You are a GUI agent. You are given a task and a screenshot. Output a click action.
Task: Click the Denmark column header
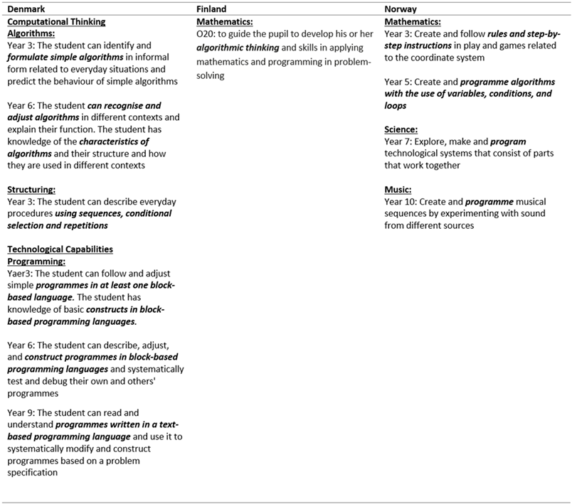26,10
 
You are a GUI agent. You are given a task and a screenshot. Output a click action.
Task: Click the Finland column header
211,10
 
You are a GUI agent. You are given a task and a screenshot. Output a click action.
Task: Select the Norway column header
401,10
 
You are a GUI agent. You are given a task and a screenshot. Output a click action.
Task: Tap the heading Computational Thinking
56,21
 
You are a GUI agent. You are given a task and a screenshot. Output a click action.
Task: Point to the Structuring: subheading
34,190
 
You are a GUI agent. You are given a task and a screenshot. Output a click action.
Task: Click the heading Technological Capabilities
60,250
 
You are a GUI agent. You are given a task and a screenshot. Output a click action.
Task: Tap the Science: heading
401,129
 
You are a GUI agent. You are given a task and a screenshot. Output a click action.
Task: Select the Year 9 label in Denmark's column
22,412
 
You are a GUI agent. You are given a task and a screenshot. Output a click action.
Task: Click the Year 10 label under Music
402,201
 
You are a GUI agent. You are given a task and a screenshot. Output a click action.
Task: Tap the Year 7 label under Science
399,141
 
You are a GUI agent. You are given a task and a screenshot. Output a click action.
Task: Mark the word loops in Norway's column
395,105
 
